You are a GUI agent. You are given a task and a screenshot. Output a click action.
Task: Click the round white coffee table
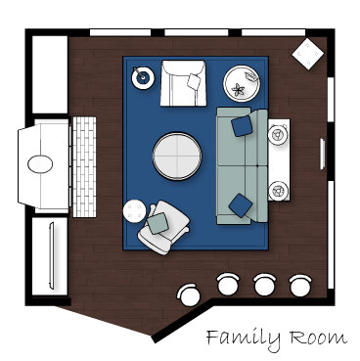[x=177, y=157]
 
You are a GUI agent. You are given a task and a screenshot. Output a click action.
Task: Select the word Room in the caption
[x=318, y=338]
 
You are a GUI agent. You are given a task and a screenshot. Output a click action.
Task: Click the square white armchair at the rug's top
[x=183, y=83]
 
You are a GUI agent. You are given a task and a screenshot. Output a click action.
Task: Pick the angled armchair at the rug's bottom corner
[x=164, y=227]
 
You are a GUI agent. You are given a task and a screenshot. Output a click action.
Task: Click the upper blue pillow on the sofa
[x=242, y=126]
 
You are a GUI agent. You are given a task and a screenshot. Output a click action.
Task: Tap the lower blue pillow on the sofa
[x=241, y=205]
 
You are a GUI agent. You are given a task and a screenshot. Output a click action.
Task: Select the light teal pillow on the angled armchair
[x=157, y=223]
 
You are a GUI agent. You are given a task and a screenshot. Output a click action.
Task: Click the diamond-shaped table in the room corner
[x=307, y=54]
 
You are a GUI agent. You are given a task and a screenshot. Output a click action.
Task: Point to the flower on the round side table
[x=238, y=89]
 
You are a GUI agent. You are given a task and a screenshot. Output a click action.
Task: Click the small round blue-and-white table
[x=143, y=77]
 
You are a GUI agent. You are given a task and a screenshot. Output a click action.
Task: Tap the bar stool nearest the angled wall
[x=189, y=294]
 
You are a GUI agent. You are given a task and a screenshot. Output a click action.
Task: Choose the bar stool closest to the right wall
[x=300, y=285]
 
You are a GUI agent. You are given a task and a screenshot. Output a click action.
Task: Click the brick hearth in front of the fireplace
[x=84, y=167]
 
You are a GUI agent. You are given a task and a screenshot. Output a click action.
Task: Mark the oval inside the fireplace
[x=40, y=163]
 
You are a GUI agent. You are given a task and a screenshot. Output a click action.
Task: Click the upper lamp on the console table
[x=278, y=135]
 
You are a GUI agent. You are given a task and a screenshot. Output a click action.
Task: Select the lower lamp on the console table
[x=278, y=190]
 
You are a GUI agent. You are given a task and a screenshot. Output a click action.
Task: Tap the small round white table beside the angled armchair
[x=135, y=211]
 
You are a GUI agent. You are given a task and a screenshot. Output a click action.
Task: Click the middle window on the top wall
[x=197, y=32]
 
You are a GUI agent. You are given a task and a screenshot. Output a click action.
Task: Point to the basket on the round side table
[x=252, y=76]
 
